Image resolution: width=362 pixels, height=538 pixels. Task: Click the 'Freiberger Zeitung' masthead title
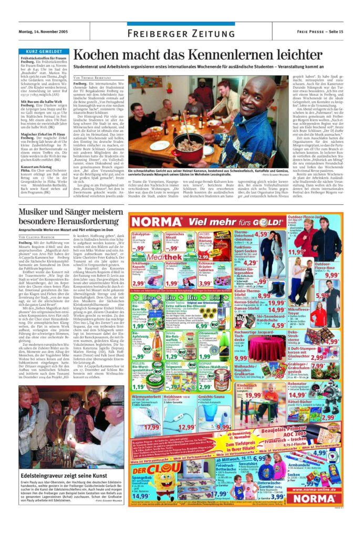tap(181, 34)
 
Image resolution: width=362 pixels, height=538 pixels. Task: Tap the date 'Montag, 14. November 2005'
tap(44, 33)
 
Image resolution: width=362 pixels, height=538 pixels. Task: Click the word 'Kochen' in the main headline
tap(98, 55)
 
